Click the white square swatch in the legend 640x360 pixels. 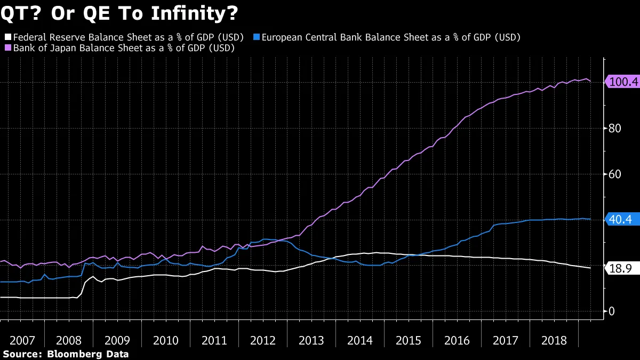pos(7,37)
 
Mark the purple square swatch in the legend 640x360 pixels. pos(7,47)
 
